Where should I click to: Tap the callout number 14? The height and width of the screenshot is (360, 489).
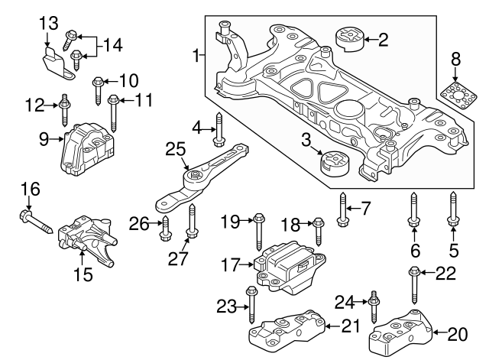(112, 45)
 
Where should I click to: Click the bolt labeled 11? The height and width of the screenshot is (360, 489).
(114, 110)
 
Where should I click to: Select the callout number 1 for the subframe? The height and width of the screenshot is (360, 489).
(197, 56)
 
